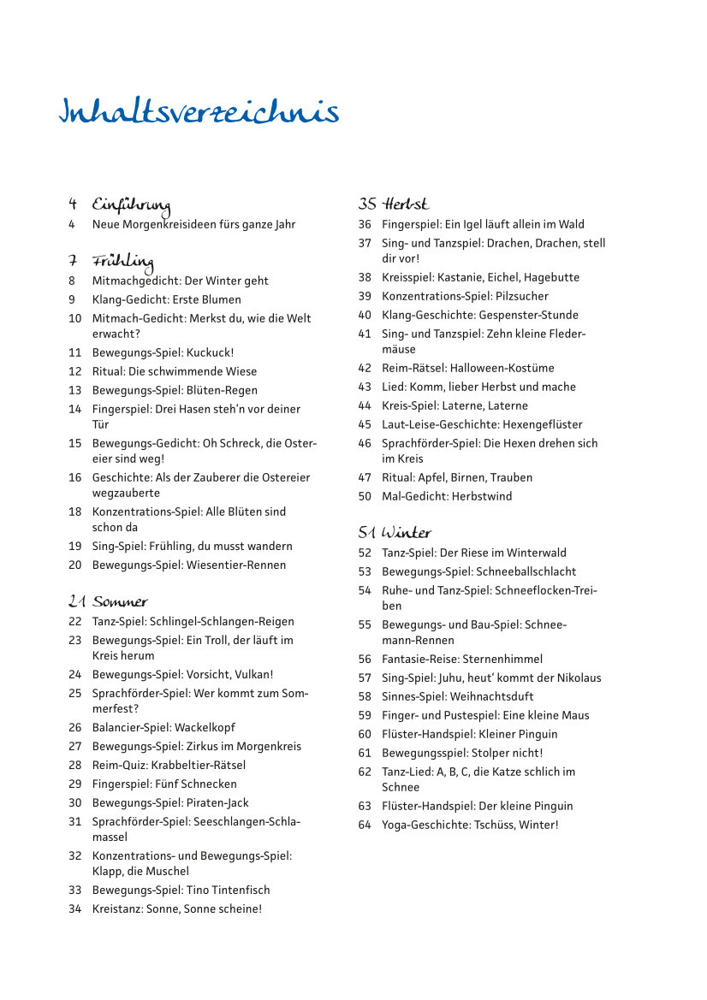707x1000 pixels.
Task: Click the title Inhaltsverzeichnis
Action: [x=199, y=114]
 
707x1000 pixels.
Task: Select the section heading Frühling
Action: [x=122, y=261]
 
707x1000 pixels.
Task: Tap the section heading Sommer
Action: [x=120, y=602]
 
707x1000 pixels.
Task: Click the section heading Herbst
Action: [x=406, y=204]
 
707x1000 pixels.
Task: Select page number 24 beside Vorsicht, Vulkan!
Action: [x=74, y=675]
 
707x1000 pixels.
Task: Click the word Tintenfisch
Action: [x=240, y=891]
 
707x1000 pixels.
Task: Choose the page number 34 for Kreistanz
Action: [x=74, y=909]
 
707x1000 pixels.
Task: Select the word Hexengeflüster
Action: [x=542, y=424]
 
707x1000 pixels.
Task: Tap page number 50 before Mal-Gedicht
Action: [x=365, y=496]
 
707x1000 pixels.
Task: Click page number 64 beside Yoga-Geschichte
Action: [x=365, y=825]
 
